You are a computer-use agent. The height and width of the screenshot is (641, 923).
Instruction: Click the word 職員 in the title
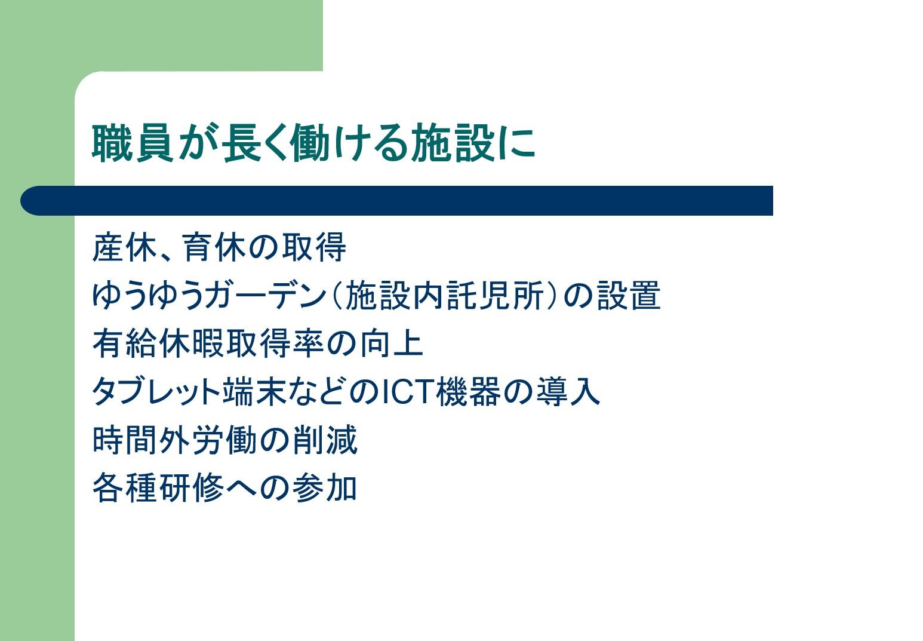point(133,143)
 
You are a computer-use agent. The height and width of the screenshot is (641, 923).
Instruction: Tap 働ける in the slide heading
point(349,143)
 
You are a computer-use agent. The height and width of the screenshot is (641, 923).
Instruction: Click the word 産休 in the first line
point(124,247)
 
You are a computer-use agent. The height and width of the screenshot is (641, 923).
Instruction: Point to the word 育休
point(215,247)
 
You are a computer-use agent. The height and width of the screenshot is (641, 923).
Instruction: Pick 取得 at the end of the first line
point(314,247)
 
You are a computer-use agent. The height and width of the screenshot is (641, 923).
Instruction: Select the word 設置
point(629,296)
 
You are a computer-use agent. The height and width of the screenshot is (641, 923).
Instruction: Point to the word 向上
point(392,343)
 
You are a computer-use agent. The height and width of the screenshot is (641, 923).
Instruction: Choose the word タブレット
point(156,392)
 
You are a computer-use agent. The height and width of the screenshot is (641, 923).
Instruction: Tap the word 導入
point(568,392)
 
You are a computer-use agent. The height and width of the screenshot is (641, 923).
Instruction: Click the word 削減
point(325,440)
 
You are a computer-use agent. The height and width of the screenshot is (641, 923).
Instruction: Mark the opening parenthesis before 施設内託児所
point(337,296)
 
